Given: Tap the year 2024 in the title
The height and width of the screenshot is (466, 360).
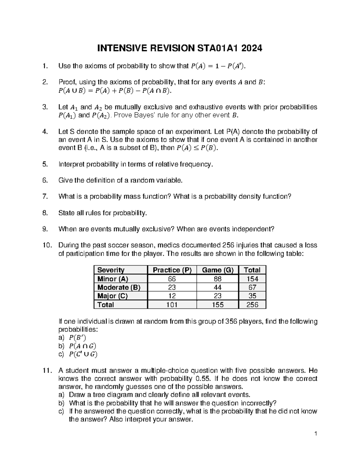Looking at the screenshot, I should [251, 48].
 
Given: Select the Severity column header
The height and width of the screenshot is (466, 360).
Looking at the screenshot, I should [111, 270].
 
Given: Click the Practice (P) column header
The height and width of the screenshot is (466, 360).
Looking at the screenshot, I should [172, 270].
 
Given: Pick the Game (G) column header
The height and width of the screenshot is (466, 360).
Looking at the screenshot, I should [217, 270].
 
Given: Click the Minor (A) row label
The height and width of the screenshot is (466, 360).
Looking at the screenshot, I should [113, 279].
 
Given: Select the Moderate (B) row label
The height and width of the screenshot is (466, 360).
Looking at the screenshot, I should [119, 287].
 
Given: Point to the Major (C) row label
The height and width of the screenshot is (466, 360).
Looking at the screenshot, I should [112, 296].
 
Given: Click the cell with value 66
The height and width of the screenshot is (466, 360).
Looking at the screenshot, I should [172, 279].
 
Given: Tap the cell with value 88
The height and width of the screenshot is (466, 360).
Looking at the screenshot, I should [217, 279].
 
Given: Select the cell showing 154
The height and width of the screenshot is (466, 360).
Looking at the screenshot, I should [252, 279].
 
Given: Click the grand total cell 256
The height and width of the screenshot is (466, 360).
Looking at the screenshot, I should [252, 305].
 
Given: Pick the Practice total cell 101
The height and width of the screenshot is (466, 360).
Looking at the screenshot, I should [172, 305].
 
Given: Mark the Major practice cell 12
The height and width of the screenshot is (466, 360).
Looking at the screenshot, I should [172, 296].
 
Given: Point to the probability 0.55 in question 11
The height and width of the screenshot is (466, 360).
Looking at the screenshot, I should [201, 378].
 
